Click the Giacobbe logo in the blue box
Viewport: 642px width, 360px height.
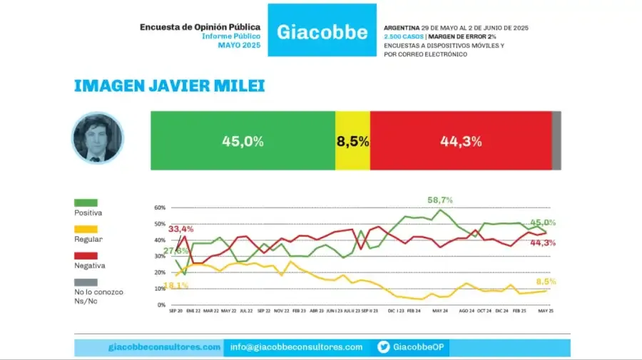(322, 31)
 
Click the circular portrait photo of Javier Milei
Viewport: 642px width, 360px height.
(98, 138)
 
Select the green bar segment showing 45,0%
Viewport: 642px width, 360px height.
(243, 141)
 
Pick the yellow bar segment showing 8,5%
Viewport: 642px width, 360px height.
(352, 141)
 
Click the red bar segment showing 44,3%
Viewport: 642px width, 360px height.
(461, 141)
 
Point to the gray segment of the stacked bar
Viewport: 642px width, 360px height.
(556, 141)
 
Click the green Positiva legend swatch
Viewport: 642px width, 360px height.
(86, 202)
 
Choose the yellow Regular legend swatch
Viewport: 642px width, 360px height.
(86, 229)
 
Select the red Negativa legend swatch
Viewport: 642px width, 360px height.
(86, 255)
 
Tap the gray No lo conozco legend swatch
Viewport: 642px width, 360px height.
(86, 282)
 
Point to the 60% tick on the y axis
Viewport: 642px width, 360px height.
(160, 208)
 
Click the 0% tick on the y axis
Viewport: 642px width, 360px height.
(161, 305)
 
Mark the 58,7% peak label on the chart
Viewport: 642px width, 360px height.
(440, 200)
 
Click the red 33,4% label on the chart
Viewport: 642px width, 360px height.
(181, 229)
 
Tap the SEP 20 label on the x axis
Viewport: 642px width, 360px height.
(175, 312)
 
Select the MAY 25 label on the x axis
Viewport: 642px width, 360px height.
(546, 312)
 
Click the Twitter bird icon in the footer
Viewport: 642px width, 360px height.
(383, 347)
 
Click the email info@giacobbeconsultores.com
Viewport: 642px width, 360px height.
(296, 347)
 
